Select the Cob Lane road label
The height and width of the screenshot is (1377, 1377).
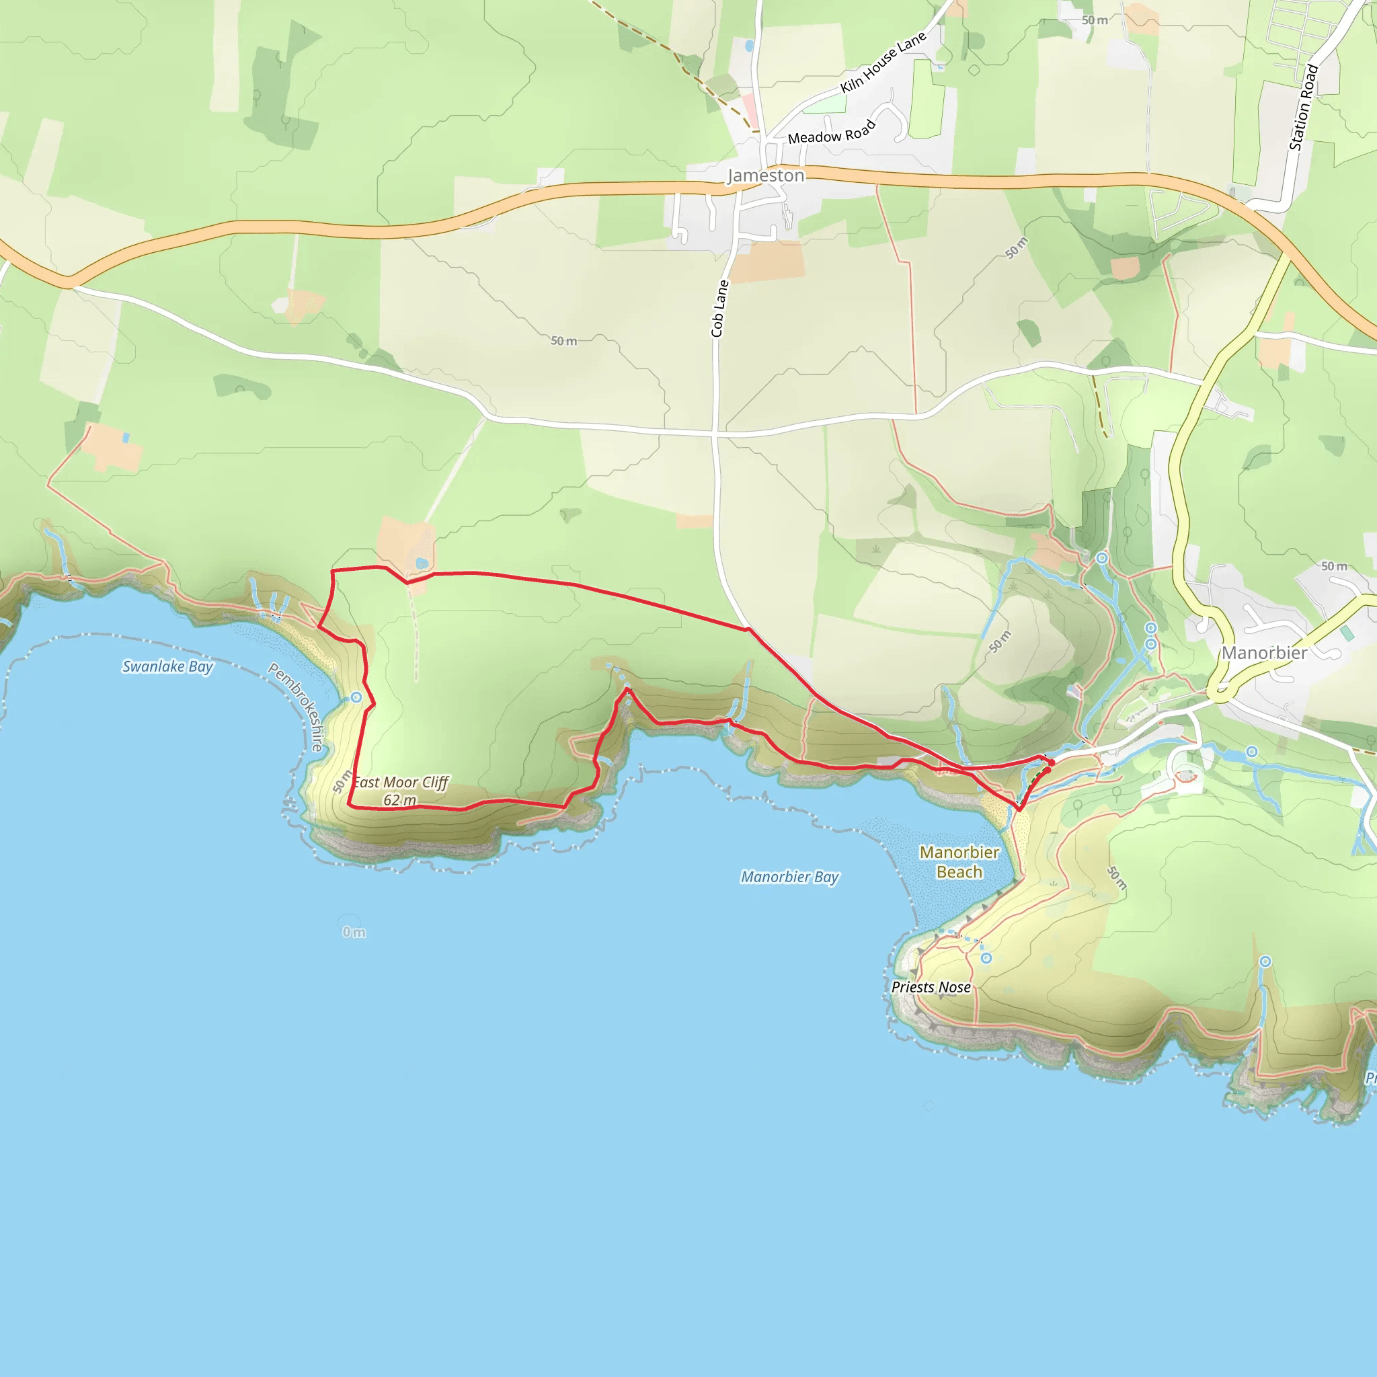[x=720, y=308]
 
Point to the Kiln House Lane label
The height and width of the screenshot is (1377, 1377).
[x=883, y=62]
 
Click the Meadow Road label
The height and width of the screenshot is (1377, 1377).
[x=831, y=132]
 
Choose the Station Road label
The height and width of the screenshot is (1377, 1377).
[x=1304, y=108]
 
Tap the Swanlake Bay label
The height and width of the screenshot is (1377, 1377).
[x=167, y=666]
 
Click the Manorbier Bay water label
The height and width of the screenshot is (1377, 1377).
[x=790, y=877]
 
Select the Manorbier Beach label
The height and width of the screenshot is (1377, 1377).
[x=959, y=862]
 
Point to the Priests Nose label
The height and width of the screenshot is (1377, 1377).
[x=931, y=987]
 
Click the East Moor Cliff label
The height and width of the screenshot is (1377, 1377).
[x=401, y=783]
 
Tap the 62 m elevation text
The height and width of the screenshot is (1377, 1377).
[x=400, y=800]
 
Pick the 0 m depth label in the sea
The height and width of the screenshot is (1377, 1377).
[x=354, y=933]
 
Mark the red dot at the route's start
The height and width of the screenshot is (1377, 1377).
[x=1052, y=763]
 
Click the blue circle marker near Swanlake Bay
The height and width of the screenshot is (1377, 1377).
[x=356, y=697]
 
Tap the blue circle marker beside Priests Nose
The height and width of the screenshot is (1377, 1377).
[x=986, y=958]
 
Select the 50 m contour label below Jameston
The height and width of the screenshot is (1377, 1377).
[x=563, y=342]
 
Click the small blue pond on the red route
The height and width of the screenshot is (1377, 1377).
[x=422, y=563]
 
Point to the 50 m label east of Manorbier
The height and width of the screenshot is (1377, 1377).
[x=1334, y=567]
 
